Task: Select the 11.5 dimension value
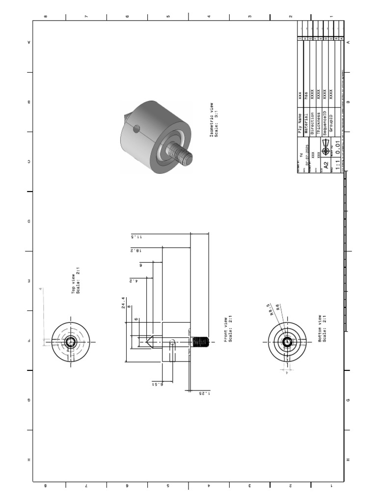(x=136, y=236)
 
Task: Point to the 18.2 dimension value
(x=136, y=250)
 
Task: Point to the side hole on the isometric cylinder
(x=137, y=129)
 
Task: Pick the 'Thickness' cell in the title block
(x=319, y=119)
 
